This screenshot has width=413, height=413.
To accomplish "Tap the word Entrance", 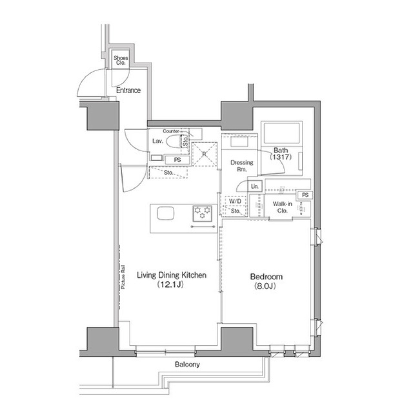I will [x=129, y=90].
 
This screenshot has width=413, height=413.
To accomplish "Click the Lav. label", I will [x=157, y=141].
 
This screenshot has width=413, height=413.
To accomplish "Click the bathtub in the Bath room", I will [x=282, y=134].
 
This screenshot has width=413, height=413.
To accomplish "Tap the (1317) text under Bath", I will [x=281, y=158].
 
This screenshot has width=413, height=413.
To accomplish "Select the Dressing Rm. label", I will [x=241, y=166].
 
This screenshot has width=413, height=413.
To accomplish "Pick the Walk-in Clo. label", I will [x=282, y=208].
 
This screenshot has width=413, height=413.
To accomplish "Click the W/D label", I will [x=235, y=201].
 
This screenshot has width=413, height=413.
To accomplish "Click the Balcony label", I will [x=187, y=364].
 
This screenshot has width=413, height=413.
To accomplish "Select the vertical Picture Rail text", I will [x=123, y=278].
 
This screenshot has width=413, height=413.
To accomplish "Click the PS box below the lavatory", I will [x=177, y=160].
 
